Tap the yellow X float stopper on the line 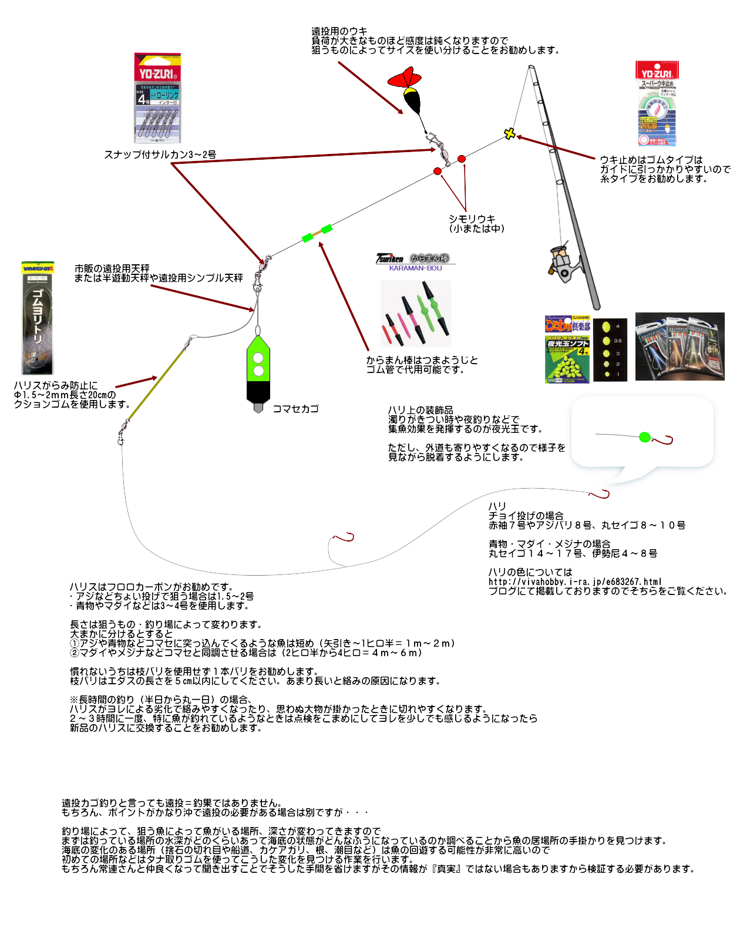pos(510,134)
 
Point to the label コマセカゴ pos(295,409)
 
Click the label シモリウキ pos(472,219)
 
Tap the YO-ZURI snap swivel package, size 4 pos(157,98)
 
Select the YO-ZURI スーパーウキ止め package pos(657,104)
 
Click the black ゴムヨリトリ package pos(38,318)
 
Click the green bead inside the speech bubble pos(644,437)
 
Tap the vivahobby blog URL pos(574,581)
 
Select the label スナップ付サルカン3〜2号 pos(160,154)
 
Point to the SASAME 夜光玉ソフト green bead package pos(567,349)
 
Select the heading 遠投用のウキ pos(339,31)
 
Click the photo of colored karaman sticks pos(415,313)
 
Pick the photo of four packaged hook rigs pos(680,346)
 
